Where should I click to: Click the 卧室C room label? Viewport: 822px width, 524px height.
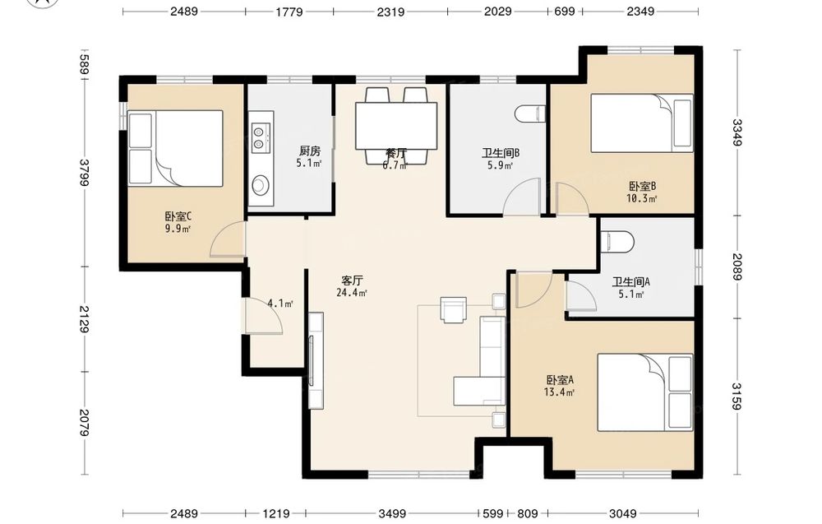tap(178, 216)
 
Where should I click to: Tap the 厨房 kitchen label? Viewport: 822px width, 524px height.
tap(309, 151)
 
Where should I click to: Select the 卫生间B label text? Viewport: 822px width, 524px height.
tap(501, 153)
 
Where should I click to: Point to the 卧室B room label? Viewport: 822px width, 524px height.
tap(642, 186)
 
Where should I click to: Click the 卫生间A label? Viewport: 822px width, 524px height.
tap(630, 282)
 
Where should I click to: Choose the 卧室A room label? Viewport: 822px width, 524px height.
tap(560, 380)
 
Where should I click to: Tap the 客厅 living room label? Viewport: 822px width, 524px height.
tap(352, 281)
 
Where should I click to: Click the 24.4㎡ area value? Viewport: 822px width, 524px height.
tap(351, 293)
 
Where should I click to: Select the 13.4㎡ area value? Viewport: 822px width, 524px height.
tap(559, 392)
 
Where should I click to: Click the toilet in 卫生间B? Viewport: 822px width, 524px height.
tap(530, 114)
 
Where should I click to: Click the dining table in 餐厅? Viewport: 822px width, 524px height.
tap(396, 126)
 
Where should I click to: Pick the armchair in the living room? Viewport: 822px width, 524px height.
tap(454, 309)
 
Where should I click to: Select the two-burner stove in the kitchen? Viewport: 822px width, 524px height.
tap(261, 137)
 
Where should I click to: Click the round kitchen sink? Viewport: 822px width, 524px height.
tap(261, 184)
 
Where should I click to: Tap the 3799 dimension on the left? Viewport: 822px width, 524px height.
tap(85, 172)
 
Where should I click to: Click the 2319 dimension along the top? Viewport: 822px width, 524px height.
tap(390, 12)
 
